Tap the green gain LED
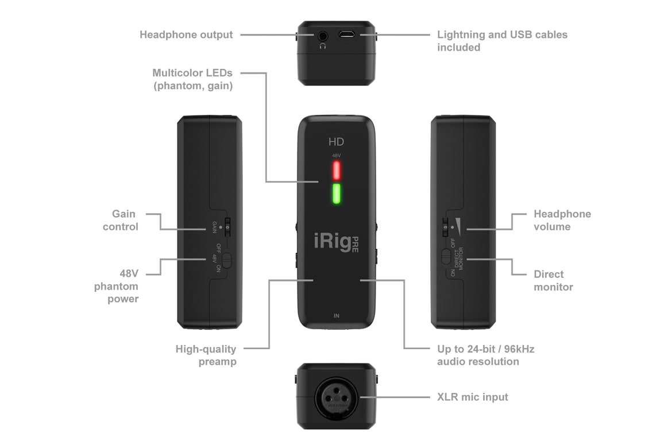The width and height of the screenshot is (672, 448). click(336, 194)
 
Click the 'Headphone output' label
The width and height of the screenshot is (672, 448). click(186, 34)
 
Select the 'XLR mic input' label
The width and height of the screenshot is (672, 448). click(472, 397)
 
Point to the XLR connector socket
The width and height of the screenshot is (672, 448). click(336, 397)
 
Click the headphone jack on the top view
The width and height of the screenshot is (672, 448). click(322, 36)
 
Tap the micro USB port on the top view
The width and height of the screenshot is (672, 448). click(346, 34)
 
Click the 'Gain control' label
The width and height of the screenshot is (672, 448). click(121, 220)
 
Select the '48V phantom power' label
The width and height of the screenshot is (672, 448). click(117, 286)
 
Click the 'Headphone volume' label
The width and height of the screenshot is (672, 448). click(562, 220)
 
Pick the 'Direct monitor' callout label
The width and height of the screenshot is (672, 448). click(553, 280)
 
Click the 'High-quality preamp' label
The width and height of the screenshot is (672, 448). click(206, 355)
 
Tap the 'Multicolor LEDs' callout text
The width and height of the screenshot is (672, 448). click(192, 79)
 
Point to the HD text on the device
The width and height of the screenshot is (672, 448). click(336, 142)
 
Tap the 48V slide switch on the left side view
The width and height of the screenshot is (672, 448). click(226, 260)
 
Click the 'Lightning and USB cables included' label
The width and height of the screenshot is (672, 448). click(501, 41)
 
